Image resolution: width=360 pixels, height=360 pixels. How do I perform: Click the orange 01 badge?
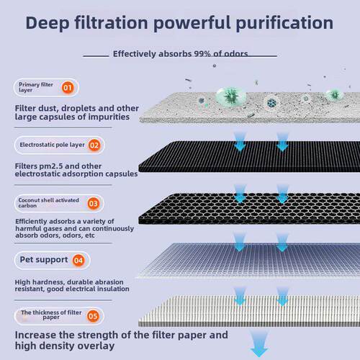(68, 88)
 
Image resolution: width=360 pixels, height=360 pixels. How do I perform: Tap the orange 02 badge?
(94, 145)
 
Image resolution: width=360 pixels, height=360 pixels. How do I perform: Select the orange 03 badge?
(94, 204)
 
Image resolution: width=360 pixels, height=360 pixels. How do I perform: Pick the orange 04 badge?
(78, 261)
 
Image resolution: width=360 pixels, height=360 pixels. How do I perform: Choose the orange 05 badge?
(93, 316)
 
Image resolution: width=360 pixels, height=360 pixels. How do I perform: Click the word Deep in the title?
(48, 24)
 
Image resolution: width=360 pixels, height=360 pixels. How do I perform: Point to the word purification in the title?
(284, 24)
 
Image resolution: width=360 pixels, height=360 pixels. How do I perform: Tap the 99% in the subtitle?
(202, 54)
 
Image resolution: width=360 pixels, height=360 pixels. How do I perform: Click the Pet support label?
(44, 260)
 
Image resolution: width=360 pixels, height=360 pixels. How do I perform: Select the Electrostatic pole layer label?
(52, 145)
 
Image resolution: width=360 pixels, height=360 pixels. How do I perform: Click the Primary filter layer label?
(36, 87)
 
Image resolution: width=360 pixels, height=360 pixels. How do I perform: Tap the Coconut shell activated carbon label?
(49, 203)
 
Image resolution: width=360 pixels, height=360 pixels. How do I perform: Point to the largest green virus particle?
(231, 96)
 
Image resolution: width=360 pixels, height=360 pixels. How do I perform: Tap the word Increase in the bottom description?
(35, 335)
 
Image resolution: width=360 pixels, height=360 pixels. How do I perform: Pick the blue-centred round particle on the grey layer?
(271, 103)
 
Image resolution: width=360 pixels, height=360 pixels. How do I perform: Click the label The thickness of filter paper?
(51, 315)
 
